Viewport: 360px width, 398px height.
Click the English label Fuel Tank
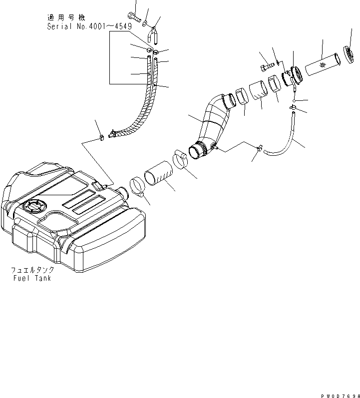tap(31, 278)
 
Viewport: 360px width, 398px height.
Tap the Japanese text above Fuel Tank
tap(33, 270)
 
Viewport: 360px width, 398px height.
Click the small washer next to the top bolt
tap(144, 23)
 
